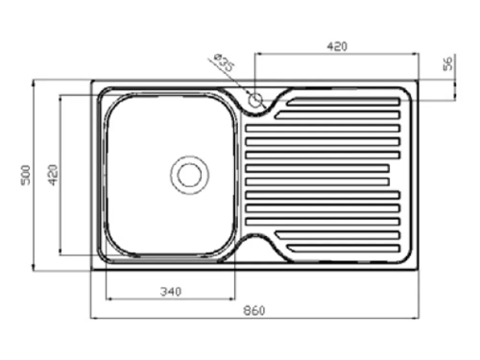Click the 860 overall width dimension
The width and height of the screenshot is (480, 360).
tap(254, 311)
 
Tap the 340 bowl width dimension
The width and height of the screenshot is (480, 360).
tap(171, 292)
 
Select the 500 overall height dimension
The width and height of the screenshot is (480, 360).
tap(26, 175)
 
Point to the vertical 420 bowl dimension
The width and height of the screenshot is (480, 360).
tap(53, 175)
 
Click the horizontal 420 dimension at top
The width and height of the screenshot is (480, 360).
tap(337, 47)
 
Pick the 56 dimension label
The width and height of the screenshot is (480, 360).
tap(448, 63)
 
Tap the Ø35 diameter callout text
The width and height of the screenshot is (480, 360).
tap(224, 62)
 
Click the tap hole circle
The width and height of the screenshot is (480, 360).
tap(255, 101)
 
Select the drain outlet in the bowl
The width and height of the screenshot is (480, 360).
tap(189, 175)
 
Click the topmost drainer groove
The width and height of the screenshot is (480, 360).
tap(344, 102)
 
